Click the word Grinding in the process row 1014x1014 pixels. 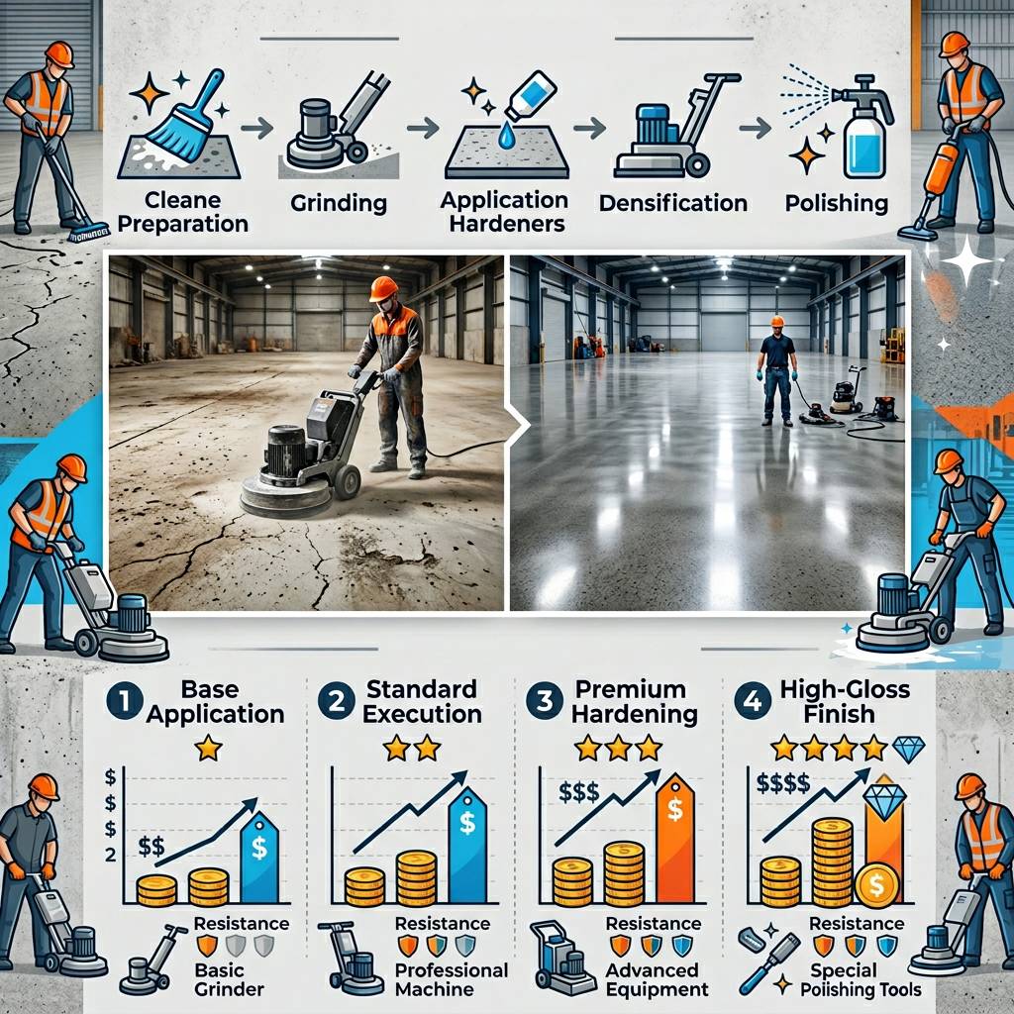[339, 204]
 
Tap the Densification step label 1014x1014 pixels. [673, 203]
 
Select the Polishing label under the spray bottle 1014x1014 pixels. [836, 204]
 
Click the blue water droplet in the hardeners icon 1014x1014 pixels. [506, 136]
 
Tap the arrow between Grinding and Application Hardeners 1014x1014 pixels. [423, 128]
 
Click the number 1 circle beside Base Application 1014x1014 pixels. [125, 701]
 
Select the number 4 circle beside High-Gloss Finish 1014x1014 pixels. [754, 701]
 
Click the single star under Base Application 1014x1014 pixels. [208, 749]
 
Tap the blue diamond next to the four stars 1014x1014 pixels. [909, 749]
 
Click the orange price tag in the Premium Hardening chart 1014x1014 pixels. [674, 838]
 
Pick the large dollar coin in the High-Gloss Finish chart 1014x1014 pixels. [876, 884]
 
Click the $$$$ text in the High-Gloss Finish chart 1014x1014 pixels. [783, 783]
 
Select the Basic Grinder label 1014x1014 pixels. [229, 979]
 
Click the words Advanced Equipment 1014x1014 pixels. [657, 979]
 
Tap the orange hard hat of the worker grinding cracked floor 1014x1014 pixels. [383, 288]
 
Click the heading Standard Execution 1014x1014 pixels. [422, 701]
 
